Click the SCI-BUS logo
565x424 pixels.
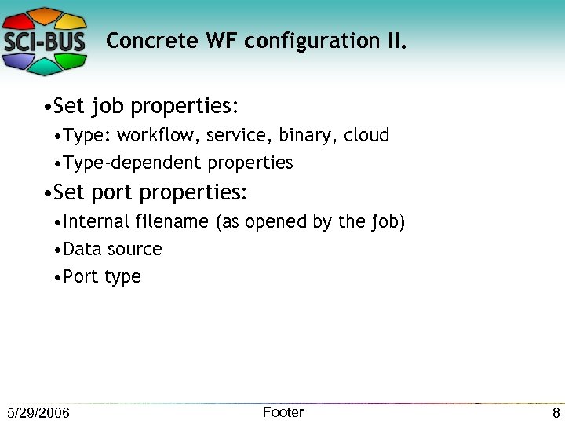coord(46,40)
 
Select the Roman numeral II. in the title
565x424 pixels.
coord(393,41)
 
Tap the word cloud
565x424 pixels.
coord(366,135)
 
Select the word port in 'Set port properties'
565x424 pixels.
coord(111,192)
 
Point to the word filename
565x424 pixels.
coord(174,221)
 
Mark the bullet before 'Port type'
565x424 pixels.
coord(58,277)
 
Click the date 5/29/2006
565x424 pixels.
coord(38,413)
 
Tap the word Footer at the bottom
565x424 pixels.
coord(282,412)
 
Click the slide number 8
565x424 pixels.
coord(556,413)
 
